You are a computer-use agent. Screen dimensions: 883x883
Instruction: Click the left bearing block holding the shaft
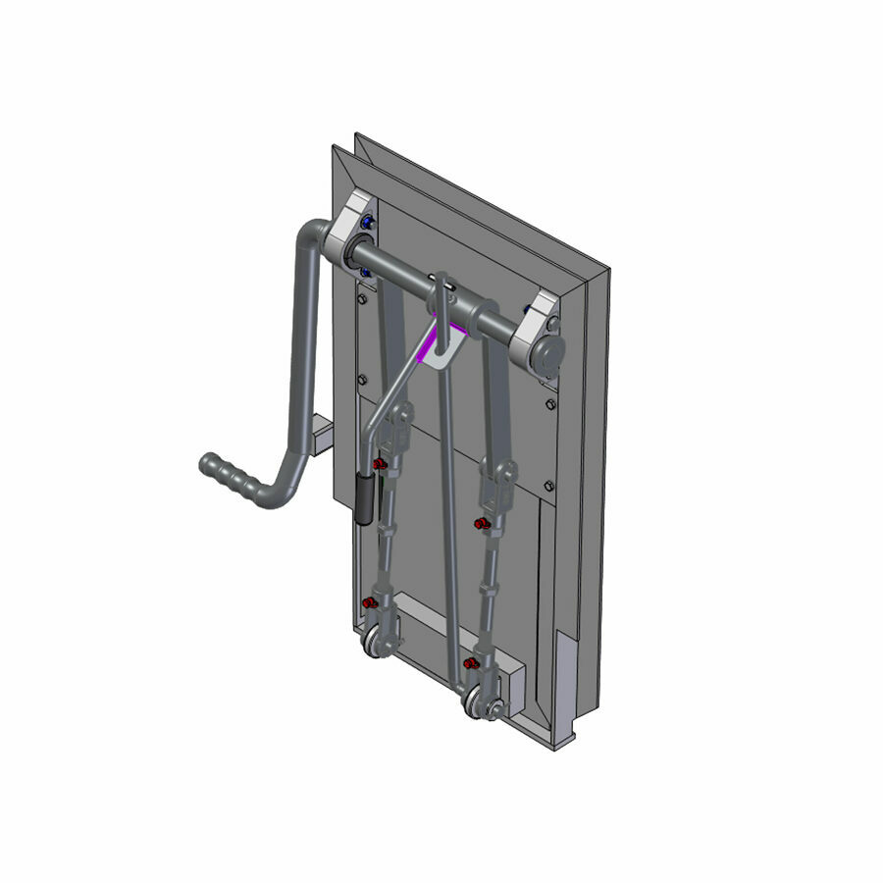350,233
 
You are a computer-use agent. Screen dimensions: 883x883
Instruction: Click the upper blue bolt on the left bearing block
367,224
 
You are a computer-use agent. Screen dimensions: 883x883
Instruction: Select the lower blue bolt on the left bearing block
364,272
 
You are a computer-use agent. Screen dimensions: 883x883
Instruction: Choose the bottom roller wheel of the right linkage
478,702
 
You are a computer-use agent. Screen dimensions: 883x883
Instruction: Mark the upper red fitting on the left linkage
377,462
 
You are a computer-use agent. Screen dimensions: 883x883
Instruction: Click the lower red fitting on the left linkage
369,602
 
